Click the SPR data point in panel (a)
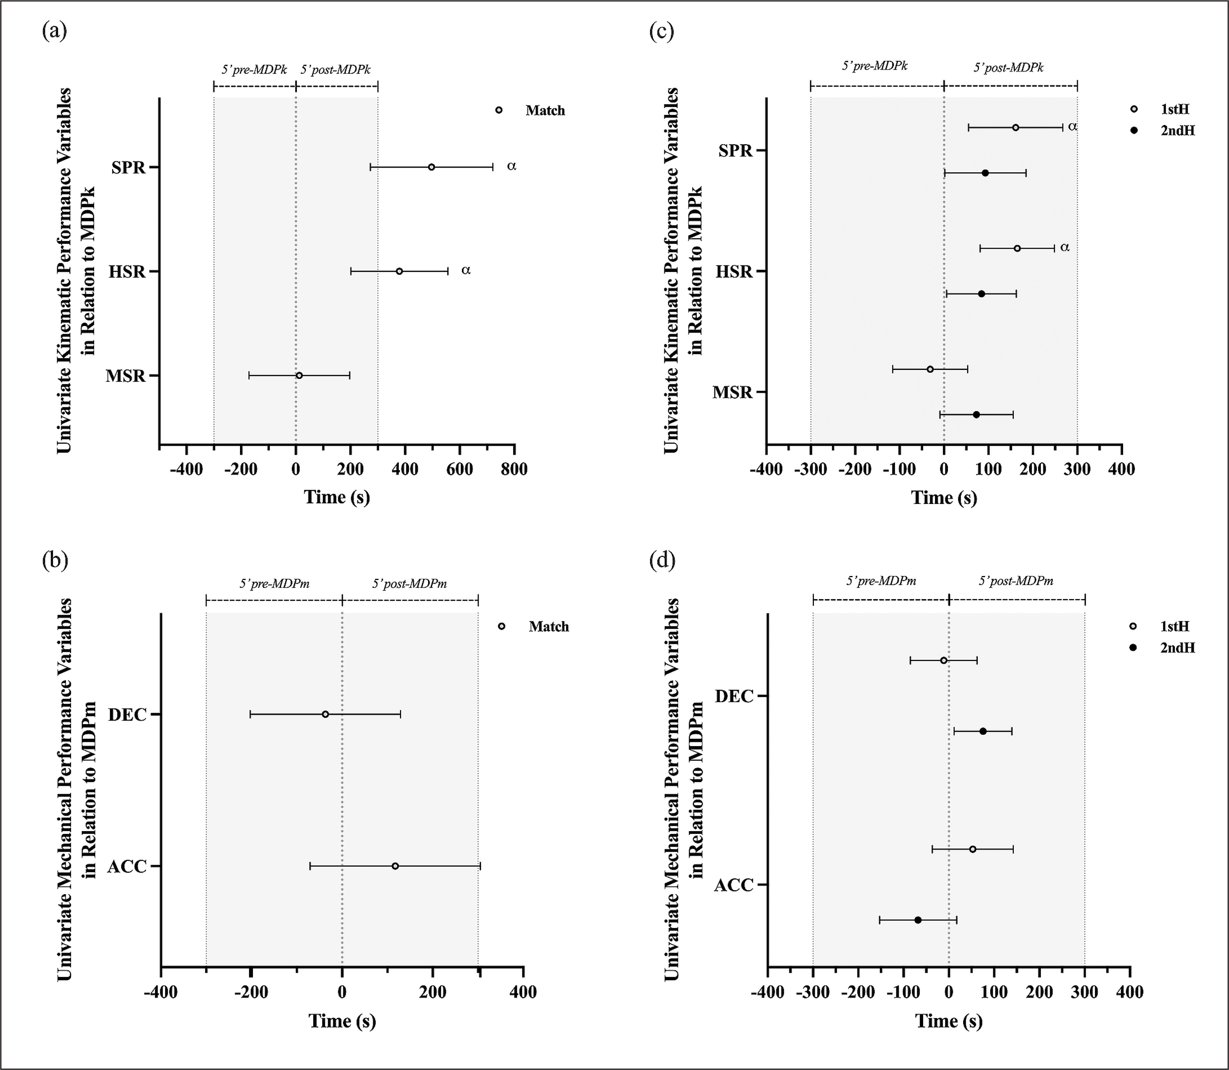[431, 167]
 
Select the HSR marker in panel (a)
[399, 271]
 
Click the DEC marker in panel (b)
[325, 714]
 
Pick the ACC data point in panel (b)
[395, 866]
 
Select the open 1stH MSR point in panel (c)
[930, 369]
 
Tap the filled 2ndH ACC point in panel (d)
[918, 920]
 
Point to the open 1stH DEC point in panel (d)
[944, 660]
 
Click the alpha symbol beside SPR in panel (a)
[511, 166]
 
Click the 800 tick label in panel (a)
[513, 469]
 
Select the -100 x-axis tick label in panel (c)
[899, 469]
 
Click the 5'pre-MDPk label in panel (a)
[254, 69]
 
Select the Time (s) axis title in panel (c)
[944, 497]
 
